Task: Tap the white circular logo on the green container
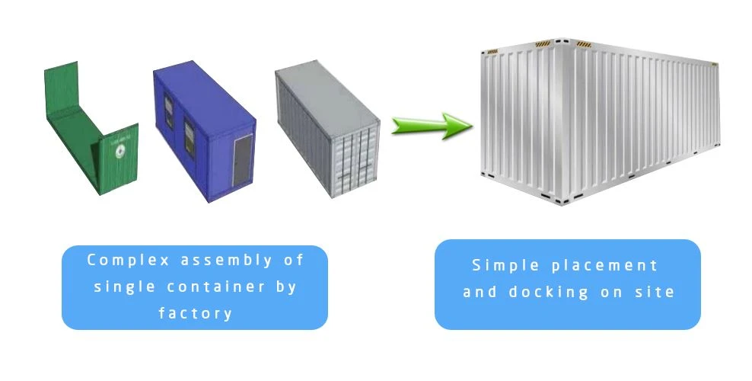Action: (x=119, y=152)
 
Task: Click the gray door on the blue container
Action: (x=243, y=160)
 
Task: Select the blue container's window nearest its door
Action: (x=190, y=139)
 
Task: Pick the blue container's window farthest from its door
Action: (x=169, y=111)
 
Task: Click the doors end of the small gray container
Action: (x=356, y=159)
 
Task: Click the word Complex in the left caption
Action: (x=129, y=260)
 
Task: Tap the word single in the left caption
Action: (x=124, y=287)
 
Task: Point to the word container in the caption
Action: (x=216, y=287)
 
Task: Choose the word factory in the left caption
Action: (x=195, y=313)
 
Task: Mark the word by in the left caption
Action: (x=286, y=287)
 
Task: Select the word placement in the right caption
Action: (x=605, y=266)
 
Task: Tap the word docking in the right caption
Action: (x=549, y=293)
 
